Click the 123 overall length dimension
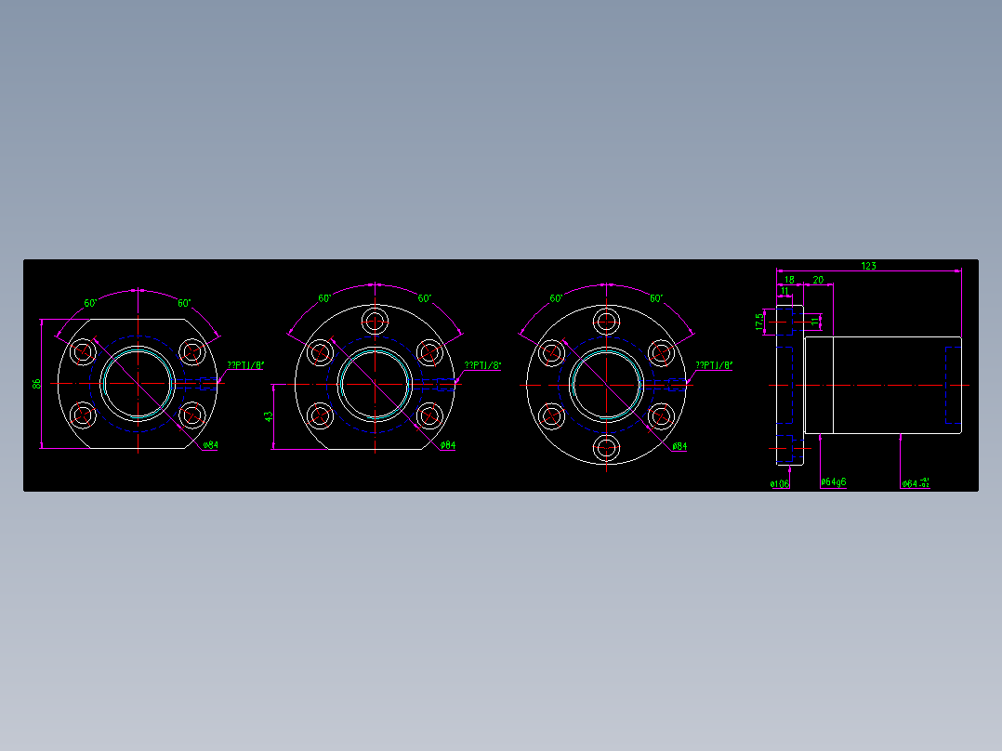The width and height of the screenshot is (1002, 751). [x=867, y=266]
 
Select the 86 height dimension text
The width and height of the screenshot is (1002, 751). [x=36, y=383]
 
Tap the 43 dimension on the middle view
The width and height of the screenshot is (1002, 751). [x=269, y=417]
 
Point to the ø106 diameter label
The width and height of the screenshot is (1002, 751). [x=779, y=483]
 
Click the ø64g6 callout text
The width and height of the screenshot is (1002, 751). [x=833, y=482]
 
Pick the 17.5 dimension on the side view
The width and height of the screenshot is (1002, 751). [x=759, y=321]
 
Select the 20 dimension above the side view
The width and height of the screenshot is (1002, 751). [x=818, y=280]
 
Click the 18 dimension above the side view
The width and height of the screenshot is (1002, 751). [x=789, y=280]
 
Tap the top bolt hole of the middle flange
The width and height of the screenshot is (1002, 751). [x=376, y=322]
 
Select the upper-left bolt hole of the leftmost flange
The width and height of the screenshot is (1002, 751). [x=84, y=352]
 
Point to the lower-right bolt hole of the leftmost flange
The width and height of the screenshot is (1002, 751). [x=192, y=415]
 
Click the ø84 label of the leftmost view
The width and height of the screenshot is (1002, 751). [x=210, y=445]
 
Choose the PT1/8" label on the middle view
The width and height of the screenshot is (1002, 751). [x=482, y=365]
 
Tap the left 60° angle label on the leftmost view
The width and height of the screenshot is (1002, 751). [x=91, y=303]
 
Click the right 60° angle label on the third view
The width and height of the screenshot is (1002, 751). [x=656, y=298]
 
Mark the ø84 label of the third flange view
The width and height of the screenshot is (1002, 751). [x=679, y=446]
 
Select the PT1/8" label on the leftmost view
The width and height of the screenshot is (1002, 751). [x=245, y=365]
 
